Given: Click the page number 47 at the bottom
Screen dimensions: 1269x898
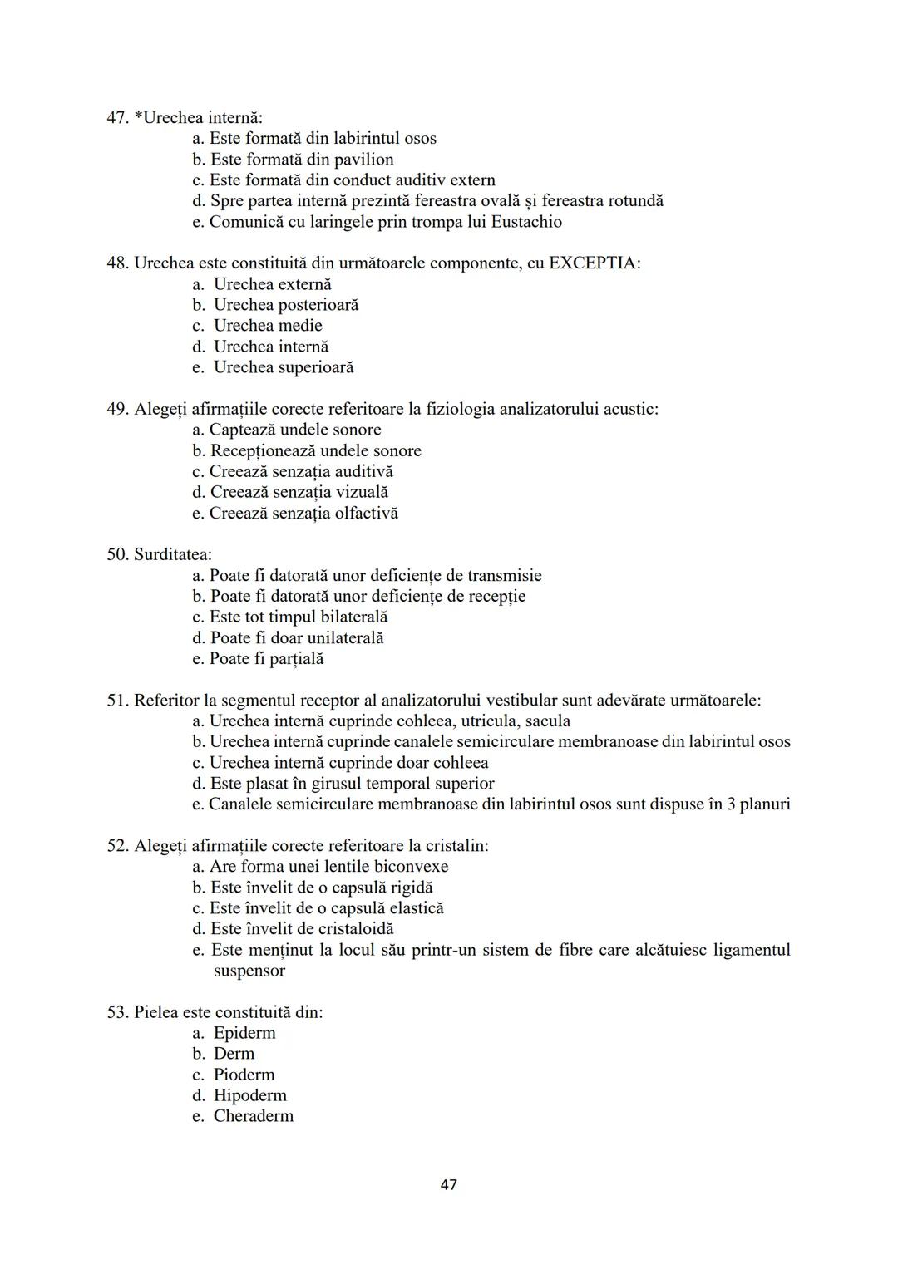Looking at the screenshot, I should [x=448, y=1184].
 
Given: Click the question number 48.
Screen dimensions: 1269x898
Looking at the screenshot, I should [x=117, y=263].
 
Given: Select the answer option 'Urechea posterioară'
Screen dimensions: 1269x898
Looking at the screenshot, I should [x=285, y=305].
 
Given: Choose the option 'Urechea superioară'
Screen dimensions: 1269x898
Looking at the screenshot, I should [x=283, y=367].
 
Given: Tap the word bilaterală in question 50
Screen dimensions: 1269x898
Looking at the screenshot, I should [x=353, y=617].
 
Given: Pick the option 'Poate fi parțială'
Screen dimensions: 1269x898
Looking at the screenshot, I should [x=266, y=658].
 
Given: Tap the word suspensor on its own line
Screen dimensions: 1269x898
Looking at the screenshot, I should [x=249, y=971].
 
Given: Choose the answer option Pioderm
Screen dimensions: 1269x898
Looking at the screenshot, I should [x=244, y=1075].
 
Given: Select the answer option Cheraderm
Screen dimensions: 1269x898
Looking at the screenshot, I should [x=253, y=1116].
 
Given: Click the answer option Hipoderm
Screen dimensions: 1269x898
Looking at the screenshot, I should [x=249, y=1095].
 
